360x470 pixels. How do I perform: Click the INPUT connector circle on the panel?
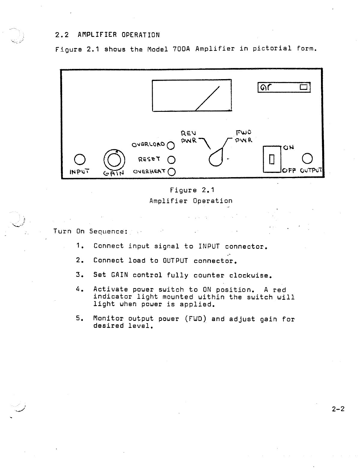click(79, 159)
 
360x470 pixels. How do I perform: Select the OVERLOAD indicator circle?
click(170, 146)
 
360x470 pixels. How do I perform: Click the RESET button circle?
click(171, 159)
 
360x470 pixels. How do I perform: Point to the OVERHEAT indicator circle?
click(172, 172)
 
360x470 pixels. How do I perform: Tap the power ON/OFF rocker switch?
click(272, 159)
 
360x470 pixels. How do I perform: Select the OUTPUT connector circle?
click(307, 158)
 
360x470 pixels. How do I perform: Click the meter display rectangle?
click(192, 95)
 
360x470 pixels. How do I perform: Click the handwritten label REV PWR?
click(189, 136)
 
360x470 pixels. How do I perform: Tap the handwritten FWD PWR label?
click(244, 136)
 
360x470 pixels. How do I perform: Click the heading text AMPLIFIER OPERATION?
click(118, 35)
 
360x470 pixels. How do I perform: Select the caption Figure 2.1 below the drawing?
click(192, 190)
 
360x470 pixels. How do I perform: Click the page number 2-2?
click(338, 409)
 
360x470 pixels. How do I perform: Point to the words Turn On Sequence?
click(91, 231)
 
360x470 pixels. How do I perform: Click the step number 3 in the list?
click(79, 275)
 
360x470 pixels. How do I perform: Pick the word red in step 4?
click(279, 290)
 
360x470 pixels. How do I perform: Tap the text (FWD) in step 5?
click(195, 319)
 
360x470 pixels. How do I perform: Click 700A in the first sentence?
click(181, 49)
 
